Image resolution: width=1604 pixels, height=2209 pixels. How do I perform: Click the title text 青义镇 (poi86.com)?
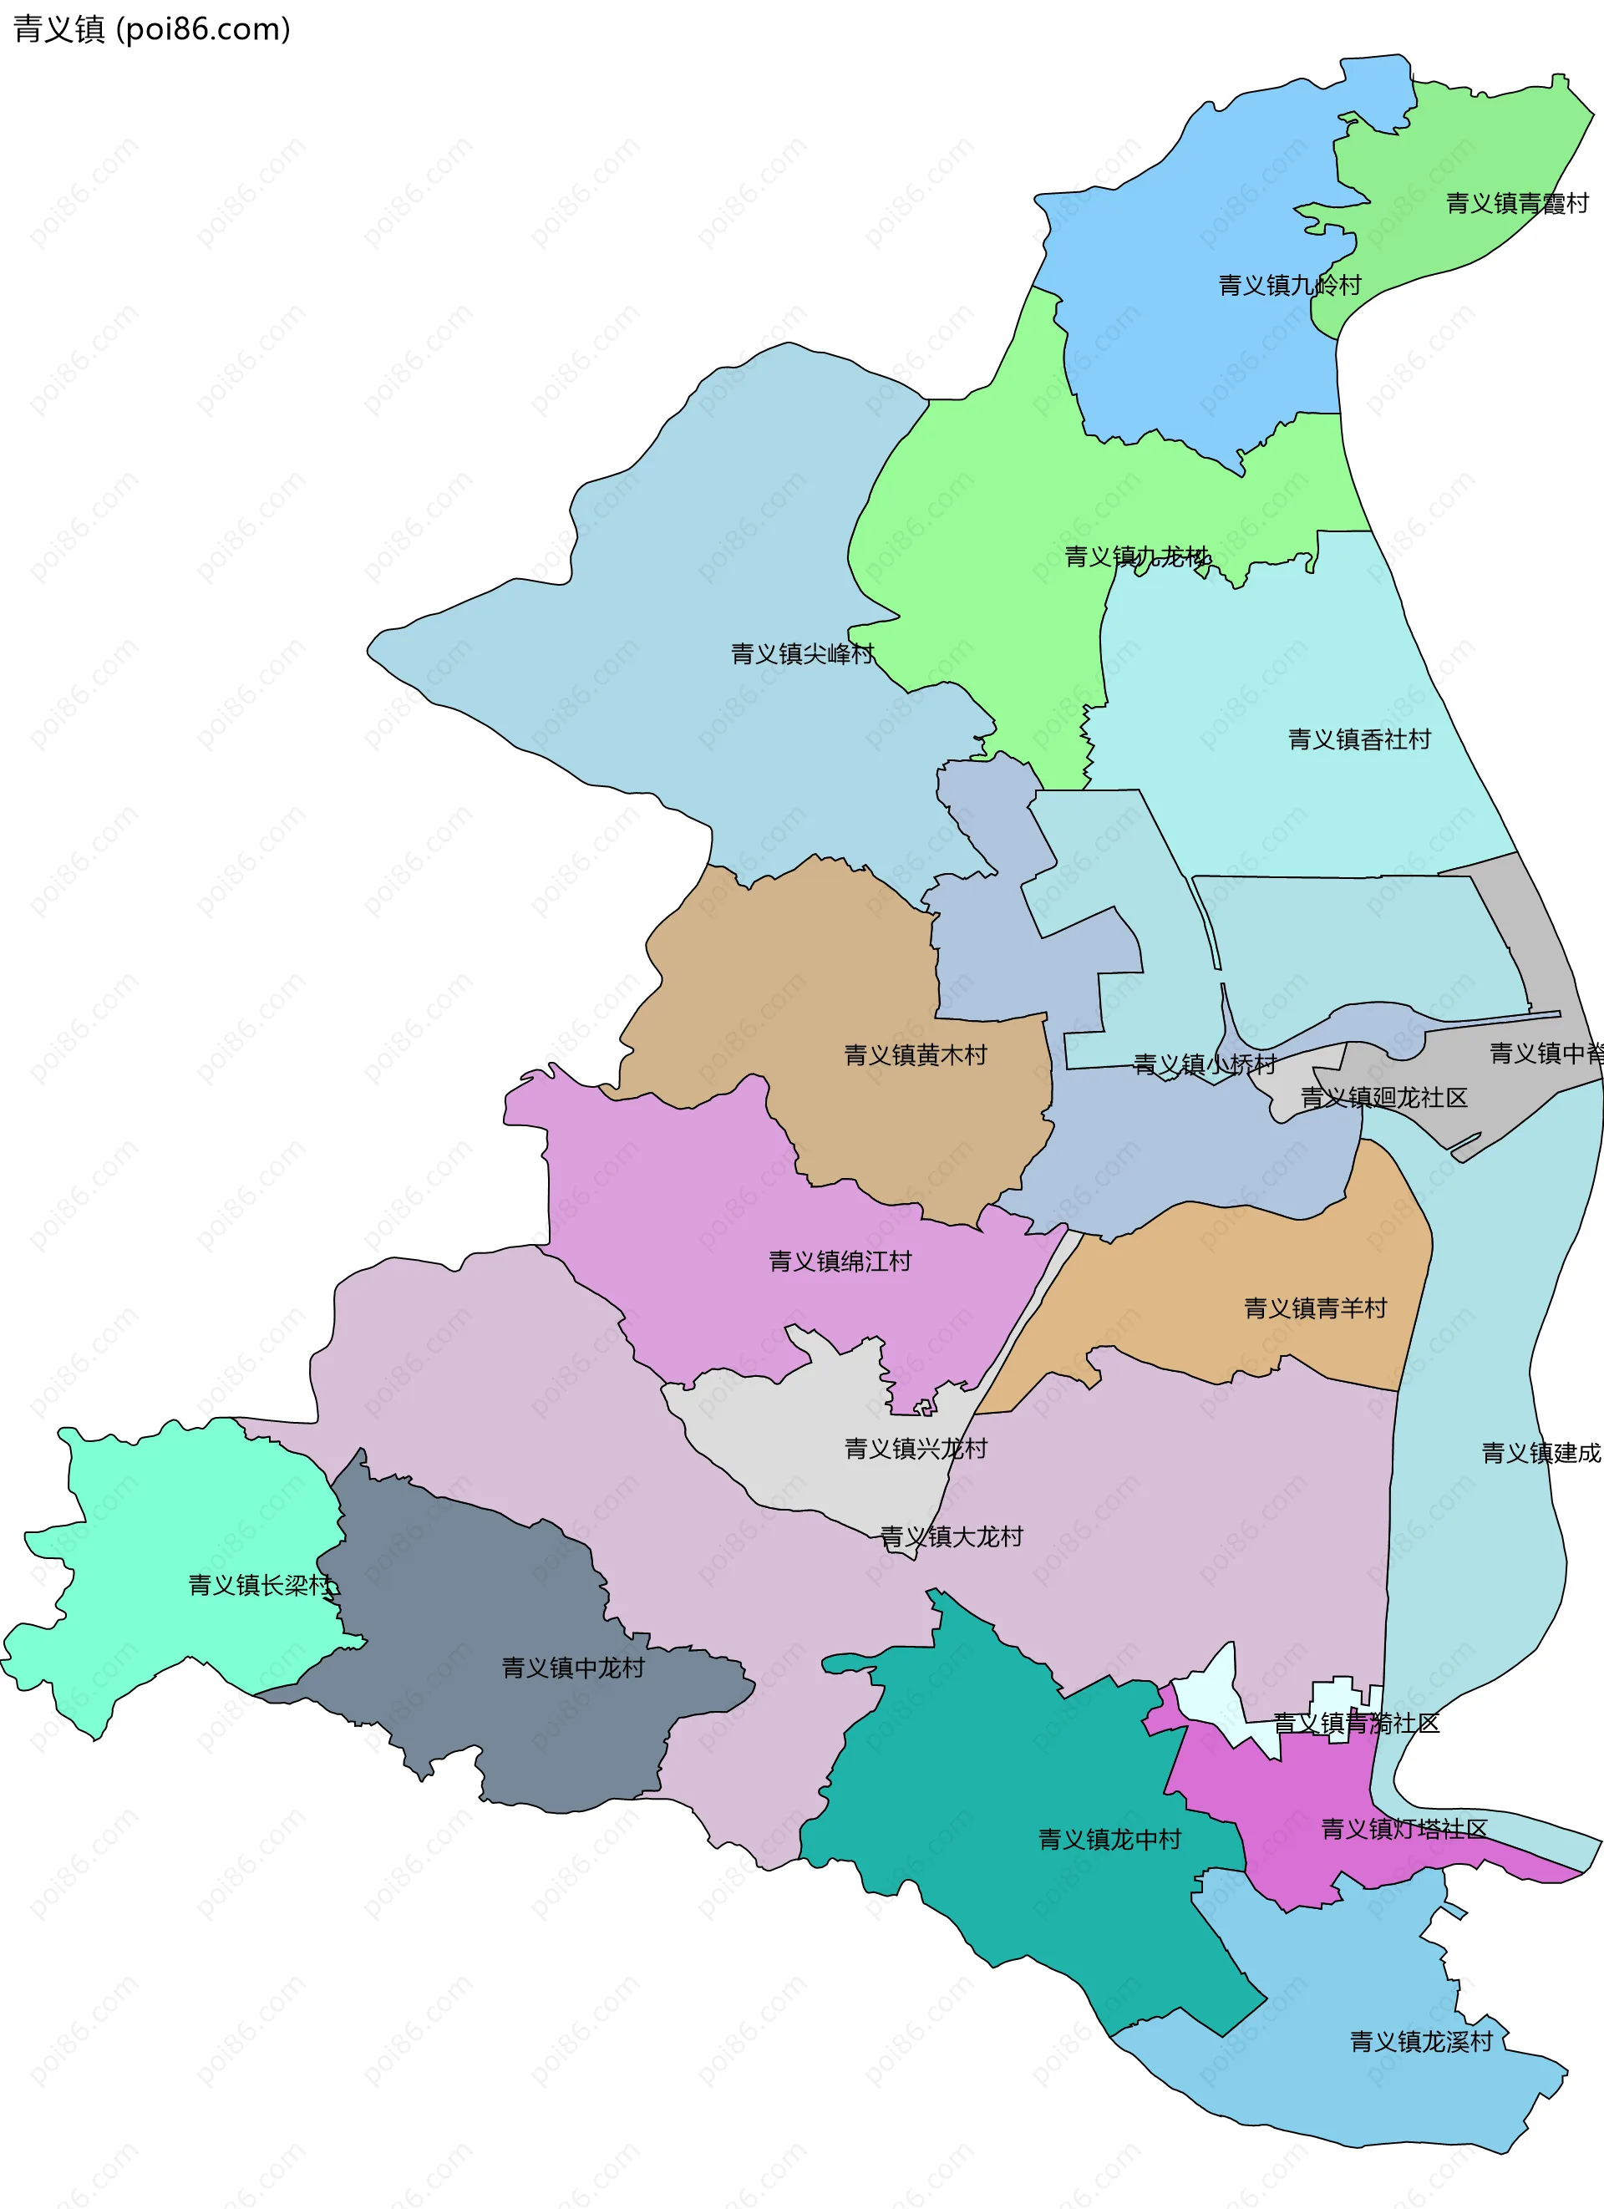pyautogui.click(x=152, y=29)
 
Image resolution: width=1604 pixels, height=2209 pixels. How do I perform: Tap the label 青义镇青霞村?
pyautogui.click(x=1516, y=204)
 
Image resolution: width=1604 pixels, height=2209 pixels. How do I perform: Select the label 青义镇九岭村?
pyautogui.click(x=1289, y=286)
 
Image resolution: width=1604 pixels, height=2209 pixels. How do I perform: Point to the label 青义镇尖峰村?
pyautogui.click(x=803, y=653)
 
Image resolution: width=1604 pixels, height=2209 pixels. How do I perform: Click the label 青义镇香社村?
pyautogui.click(x=1359, y=739)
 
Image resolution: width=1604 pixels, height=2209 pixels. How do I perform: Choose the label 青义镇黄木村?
pyautogui.click(x=916, y=1055)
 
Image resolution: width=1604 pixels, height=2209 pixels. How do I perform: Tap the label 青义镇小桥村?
pyautogui.click(x=1205, y=1064)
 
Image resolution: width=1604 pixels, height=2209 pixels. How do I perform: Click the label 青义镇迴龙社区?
pyautogui.click(x=1384, y=1098)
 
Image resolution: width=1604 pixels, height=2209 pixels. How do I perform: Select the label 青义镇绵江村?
pyautogui.click(x=840, y=1262)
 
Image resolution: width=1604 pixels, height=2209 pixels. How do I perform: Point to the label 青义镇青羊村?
pyautogui.click(x=1316, y=1308)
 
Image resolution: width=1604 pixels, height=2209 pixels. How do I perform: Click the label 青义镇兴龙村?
pyautogui.click(x=916, y=1449)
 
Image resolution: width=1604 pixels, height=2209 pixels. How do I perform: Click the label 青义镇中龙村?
pyautogui.click(x=572, y=1668)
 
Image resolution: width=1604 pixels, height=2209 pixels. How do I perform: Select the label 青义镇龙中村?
pyautogui.click(x=1109, y=1839)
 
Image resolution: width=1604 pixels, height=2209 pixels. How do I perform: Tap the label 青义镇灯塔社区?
pyautogui.click(x=1403, y=1829)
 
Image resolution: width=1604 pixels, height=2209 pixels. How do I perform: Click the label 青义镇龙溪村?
pyautogui.click(x=1421, y=2041)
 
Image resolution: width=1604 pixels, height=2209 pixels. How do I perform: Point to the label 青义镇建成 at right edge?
pyautogui.click(x=1541, y=1453)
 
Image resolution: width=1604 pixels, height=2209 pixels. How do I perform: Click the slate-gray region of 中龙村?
pyautogui.click(x=487, y=1734)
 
